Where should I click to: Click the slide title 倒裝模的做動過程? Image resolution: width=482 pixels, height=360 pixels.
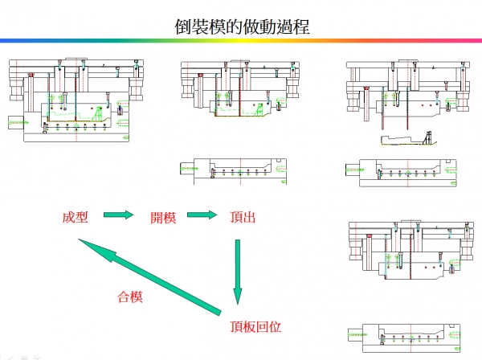[241, 25]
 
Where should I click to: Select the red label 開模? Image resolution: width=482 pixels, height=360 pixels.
[163, 217]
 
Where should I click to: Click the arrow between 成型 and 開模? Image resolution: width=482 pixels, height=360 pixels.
[118, 215]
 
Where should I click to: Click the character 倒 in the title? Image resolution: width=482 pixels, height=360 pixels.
[183, 25]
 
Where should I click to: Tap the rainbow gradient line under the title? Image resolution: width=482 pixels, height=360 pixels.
[241, 40]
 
